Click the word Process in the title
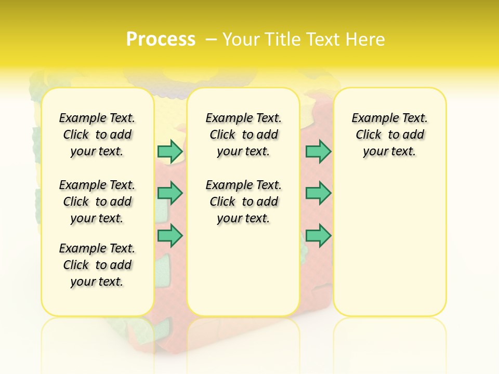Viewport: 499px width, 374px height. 161,39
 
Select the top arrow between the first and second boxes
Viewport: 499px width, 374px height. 170,151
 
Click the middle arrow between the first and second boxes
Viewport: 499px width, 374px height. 170,193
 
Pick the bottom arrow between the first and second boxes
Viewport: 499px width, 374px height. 170,235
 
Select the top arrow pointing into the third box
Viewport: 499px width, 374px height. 318,151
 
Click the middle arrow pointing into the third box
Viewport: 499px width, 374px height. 318,193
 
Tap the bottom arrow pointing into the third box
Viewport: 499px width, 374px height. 318,235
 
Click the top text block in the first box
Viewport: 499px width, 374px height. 97,135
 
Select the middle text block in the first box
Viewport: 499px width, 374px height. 97,202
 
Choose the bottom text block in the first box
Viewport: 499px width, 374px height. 97,265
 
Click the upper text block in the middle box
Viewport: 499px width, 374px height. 243,135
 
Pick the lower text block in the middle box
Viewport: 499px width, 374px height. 243,202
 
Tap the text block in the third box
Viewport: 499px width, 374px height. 389,135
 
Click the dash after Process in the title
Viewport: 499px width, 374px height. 211,39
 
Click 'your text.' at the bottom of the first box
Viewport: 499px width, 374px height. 97,282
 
